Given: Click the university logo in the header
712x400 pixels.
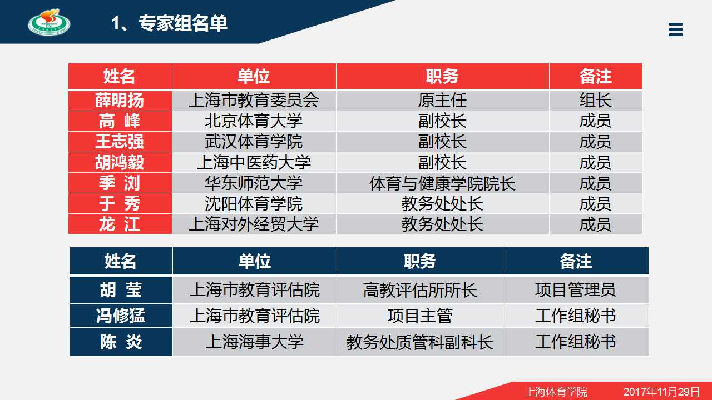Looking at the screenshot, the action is [x=50, y=22].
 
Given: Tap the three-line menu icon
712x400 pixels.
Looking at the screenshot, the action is [x=676, y=29].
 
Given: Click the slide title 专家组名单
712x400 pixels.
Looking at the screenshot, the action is [x=183, y=23].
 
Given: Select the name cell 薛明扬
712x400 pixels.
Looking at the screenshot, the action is [x=120, y=101].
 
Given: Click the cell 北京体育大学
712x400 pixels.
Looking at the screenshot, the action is [x=254, y=121].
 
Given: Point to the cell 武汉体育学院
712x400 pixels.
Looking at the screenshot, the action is [x=254, y=142].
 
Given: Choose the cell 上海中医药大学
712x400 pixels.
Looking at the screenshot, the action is [x=254, y=162].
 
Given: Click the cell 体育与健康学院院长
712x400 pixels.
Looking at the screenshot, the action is [x=442, y=183].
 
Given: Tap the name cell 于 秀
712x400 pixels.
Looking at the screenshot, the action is [x=120, y=203].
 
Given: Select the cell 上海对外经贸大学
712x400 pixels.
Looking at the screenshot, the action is [x=254, y=224].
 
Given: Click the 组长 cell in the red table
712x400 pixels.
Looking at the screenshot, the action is [x=596, y=101].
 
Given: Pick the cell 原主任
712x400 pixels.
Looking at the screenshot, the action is [x=442, y=101].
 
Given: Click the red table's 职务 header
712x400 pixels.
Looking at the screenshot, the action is [x=442, y=76].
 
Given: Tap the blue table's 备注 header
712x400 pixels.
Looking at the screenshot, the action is [x=576, y=261].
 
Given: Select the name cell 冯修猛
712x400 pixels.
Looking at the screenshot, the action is [x=121, y=316].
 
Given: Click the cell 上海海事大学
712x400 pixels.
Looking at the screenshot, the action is [x=255, y=342].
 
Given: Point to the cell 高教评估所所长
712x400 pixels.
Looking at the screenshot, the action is [x=420, y=290].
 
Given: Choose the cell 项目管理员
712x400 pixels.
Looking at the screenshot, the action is [x=576, y=290].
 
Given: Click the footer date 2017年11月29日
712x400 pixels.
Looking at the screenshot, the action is [x=662, y=392].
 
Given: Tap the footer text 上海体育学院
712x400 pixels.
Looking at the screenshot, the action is [x=556, y=392].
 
